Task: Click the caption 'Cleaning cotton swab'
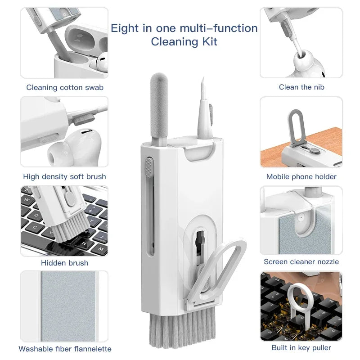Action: point(65,87)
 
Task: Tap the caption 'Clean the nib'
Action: point(301,87)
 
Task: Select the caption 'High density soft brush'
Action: point(64,176)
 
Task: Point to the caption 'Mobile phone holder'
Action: point(301,176)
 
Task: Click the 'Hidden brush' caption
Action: point(64,262)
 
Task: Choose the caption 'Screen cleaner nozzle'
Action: point(301,261)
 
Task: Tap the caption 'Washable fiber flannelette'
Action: point(65,348)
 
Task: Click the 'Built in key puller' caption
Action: point(301,347)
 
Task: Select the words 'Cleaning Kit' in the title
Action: point(184,42)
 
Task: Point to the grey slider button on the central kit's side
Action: point(148,166)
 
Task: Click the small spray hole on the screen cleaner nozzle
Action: point(298,217)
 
